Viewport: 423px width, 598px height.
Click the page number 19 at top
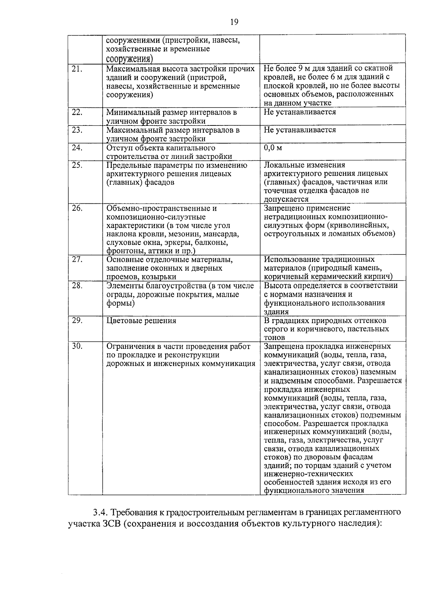tap(234, 23)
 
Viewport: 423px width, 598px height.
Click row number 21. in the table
tap(77, 69)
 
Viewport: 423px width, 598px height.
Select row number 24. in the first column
tap(77, 148)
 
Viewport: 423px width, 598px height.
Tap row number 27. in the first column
tap(77, 260)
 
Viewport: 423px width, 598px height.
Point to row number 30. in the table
tap(77, 347)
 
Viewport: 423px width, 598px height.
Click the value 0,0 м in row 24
tap(273, 148)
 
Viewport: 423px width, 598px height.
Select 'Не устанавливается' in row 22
tap(300, 112)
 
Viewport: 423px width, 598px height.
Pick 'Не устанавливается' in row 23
tap(300, 130)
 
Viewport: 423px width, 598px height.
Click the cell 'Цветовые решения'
tap(141, 321)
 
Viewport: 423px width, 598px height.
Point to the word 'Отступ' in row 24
tap(118, 148)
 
